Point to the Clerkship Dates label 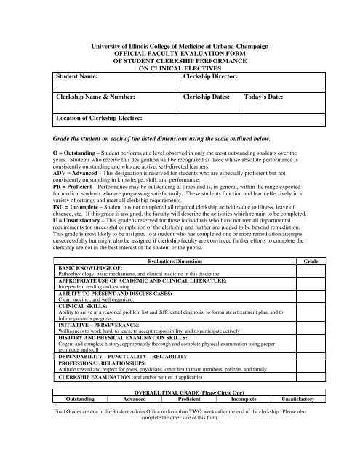tap(207, 96)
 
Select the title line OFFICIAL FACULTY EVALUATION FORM tap(180, 54)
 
